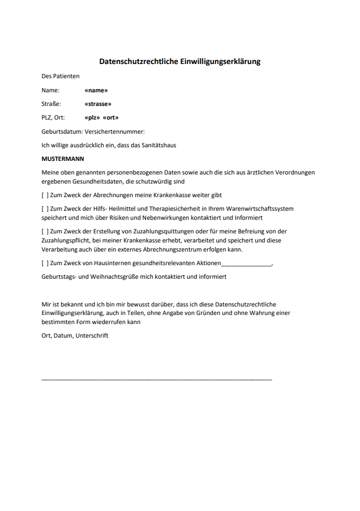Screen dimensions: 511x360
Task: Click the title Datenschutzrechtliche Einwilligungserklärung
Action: [x=179, y=61]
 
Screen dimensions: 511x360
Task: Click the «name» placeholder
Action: [x=96, y=90]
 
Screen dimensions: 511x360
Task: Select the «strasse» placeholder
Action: [x=97, y=104]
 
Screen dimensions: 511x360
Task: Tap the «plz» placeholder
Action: [x=92, y=118]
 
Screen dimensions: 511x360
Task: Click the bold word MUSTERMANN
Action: [x=62, y=159]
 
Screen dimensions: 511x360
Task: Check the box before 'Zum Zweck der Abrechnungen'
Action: [x=45, y=195]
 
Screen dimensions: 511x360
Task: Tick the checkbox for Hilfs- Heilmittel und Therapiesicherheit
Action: [x=45, y=208]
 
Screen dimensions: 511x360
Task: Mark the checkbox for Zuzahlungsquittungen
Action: [x=45, y=231]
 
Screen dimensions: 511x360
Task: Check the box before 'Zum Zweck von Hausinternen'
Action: [x=45, y=263]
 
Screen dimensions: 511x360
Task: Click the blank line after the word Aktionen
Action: [x=247, y=264]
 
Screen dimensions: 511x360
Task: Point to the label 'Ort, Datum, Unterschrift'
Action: [x=75, y=335]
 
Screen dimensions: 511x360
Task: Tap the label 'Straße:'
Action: [x=51, y=104]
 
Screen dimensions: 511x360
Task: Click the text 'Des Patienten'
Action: [x=61, y=76]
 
